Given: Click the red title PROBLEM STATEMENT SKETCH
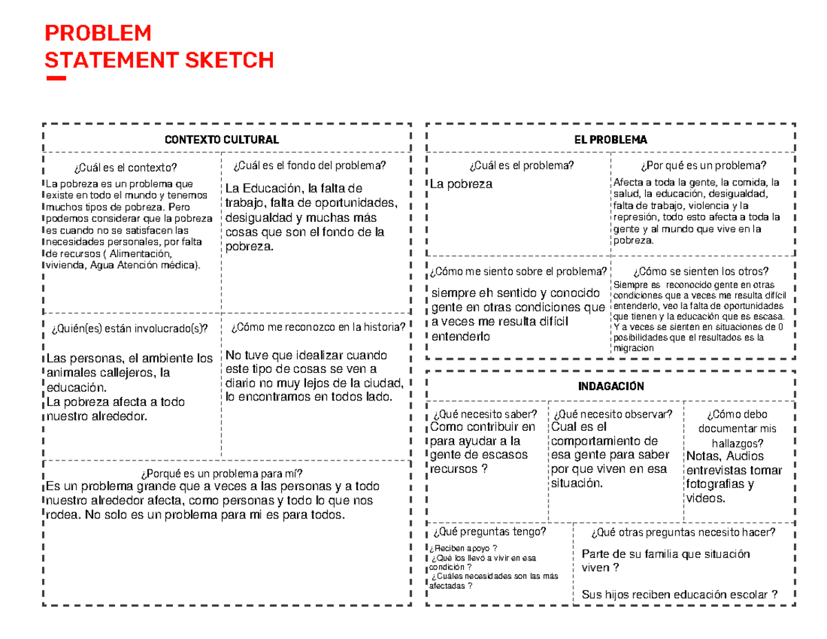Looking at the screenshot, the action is (x=159, y=47).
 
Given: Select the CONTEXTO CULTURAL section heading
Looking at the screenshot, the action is (x=221, y=139).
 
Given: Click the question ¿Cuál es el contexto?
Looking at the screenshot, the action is (x=124, y=168).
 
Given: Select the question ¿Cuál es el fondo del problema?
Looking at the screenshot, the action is (x=309, y=165).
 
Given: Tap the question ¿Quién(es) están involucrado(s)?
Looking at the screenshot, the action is (x=129, y=327).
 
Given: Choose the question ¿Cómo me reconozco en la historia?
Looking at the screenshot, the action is (x=318, y=327).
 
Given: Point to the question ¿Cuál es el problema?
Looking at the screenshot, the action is (x=520, y=165).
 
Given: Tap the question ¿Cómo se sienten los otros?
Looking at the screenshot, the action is (x=701, y=271).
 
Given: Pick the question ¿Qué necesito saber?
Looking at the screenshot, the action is (x=484, y=414).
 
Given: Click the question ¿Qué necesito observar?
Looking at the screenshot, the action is (x=613, y=414).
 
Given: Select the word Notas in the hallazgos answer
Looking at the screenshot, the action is (x=703, y=456).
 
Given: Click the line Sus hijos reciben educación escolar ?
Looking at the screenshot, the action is (x=680, y=595).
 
